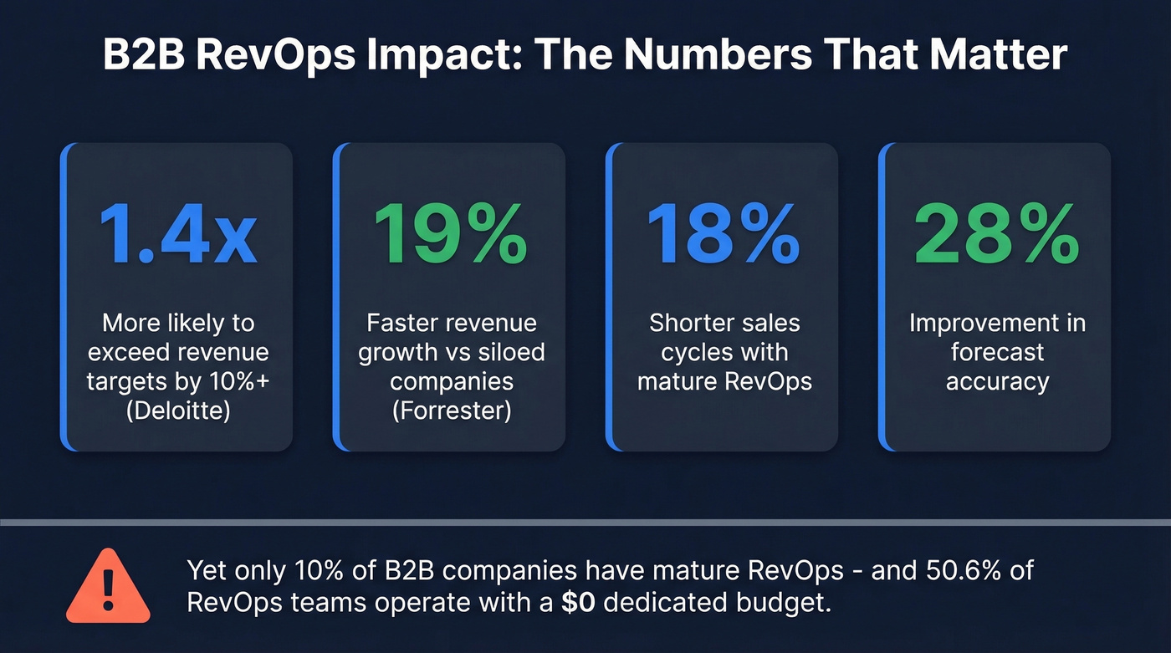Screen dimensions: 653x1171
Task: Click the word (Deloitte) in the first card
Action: tap(177, 411)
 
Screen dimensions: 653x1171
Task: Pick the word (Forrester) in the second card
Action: tap(451, 411)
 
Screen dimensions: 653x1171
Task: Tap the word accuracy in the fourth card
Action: tap(997, 381)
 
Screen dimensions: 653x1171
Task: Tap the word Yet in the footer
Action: tap(206, 571)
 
